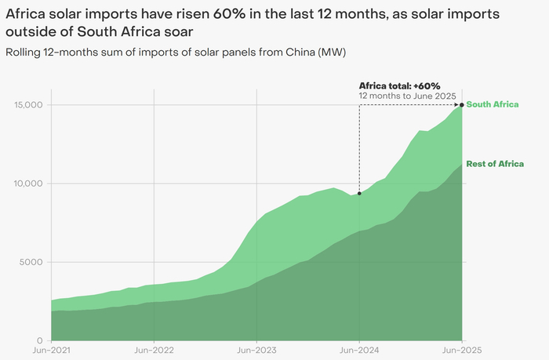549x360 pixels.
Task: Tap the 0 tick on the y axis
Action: [39, 340]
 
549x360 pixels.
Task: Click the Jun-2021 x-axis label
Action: [51, 350]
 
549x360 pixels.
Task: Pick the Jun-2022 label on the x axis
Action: [154, 350]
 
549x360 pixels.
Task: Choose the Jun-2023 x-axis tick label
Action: [256, 350]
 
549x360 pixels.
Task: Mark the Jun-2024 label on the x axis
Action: [359, 350]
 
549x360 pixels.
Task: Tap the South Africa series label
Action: [493, 104]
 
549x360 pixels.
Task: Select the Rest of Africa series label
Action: [495, 164]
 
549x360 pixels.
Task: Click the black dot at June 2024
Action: [359, 193]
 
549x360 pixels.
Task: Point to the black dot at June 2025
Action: [462, 104]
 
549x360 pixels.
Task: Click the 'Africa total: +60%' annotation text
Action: [400, 85]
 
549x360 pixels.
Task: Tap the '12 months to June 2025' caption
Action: [408, 96]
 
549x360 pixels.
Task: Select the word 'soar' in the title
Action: [176, 32]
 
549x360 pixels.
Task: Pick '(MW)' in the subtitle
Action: [331, 53]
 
